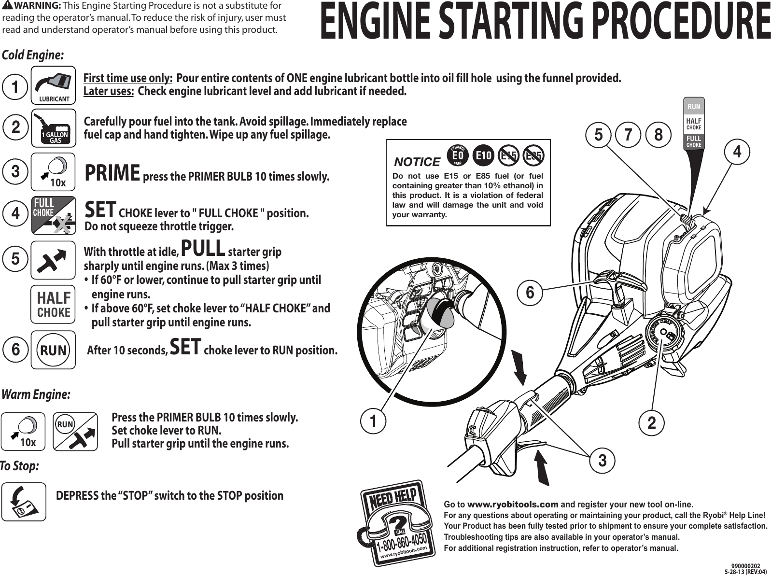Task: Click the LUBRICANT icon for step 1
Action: tap(53, 85)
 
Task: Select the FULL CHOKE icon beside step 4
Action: tap(53, 215)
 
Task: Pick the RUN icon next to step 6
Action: tap(53, 350)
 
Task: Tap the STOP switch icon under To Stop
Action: tap(24, 502)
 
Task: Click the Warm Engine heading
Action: tap(37, 394)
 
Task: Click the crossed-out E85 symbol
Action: tap(533, 155)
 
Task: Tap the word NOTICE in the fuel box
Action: tap(417, 162)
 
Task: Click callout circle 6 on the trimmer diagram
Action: tap(530, 292)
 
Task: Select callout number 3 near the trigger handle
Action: tap(602, 461)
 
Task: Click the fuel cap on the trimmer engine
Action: tap(664, 333)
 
